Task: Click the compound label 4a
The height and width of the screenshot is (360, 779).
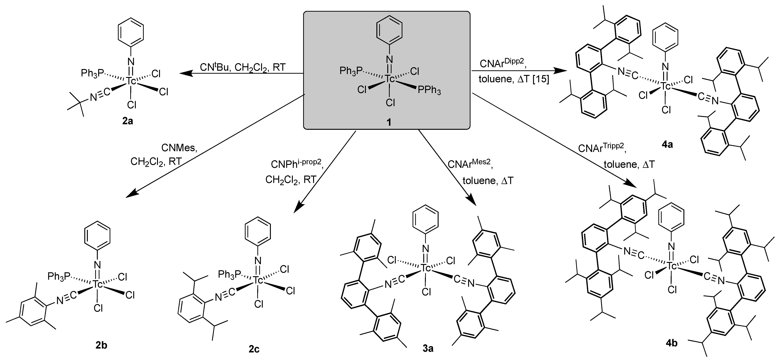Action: click(x=667, y=145)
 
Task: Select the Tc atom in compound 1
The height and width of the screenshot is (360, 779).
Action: click(x=390, y=79)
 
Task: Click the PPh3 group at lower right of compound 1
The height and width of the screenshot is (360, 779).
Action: click(x=429, y=90)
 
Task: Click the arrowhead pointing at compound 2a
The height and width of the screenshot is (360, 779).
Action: click(x=185, y=73)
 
